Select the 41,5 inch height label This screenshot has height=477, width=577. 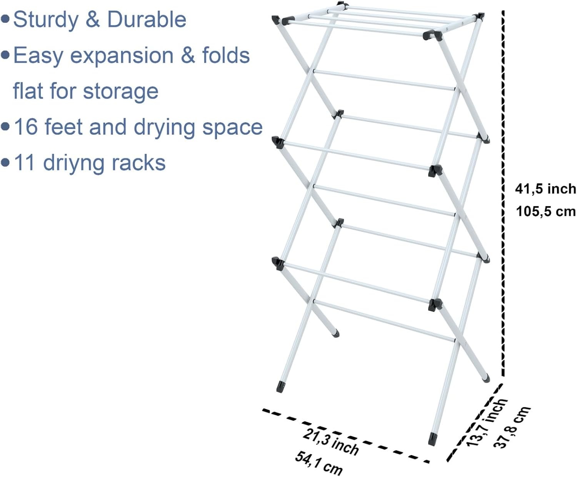(546, 189)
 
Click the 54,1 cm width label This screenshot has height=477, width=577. (319, 463)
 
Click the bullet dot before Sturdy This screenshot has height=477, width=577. (5, 20)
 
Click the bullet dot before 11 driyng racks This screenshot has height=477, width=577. (5, 163)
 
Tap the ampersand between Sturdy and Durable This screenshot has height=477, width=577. (92, 20)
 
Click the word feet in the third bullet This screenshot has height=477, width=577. (63, 127)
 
